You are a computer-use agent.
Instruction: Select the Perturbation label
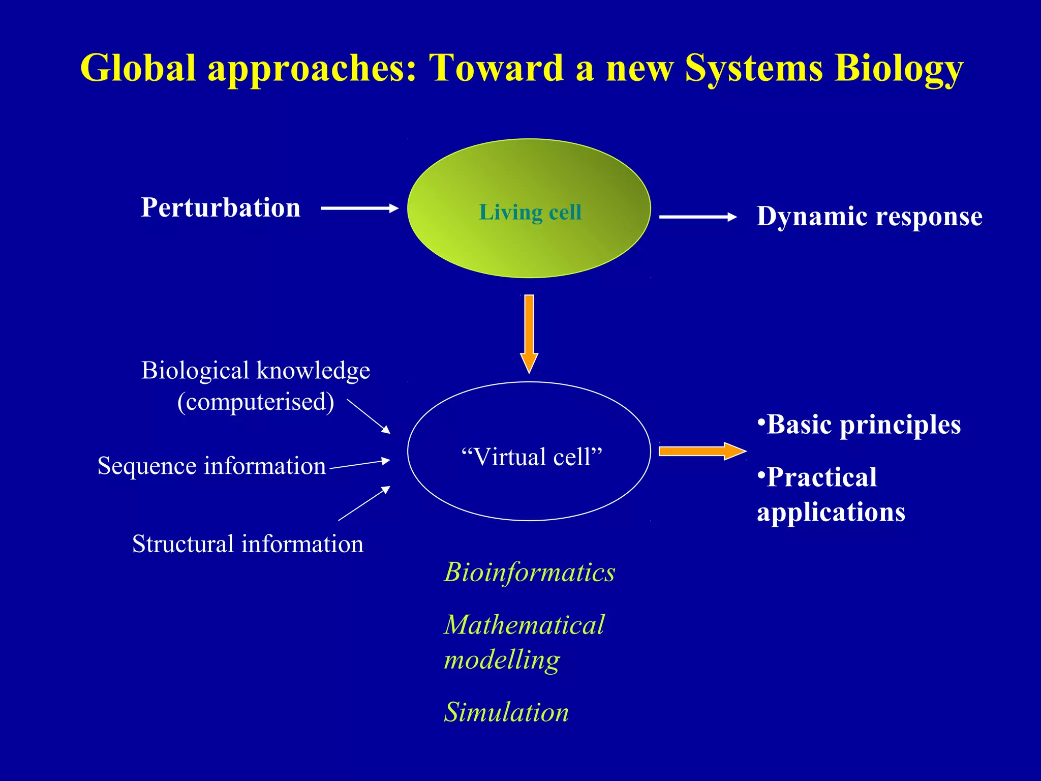tap(221, 207)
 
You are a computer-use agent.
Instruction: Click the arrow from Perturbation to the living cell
tap(359, 208)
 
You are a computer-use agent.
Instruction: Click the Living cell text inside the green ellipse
tap(530, 212)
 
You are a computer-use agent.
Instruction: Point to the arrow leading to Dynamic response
tap(697, 217)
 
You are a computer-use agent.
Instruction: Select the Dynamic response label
tap(869, 217)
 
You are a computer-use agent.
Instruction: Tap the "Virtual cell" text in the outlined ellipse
tap(531, 457)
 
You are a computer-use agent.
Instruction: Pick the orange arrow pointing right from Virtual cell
tap(701, 451)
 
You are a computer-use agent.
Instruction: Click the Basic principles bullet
tap(859, 425)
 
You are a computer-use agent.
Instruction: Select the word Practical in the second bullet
tap(821, 477)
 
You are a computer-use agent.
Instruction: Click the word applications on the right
tap(831, 512)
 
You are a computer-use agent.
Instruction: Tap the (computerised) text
tap(256, 402)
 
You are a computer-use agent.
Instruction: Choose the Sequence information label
tap(211, 466)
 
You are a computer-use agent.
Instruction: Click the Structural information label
tap(248, 544)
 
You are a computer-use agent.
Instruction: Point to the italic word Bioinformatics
tap(530, 572)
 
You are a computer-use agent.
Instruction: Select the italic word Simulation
tap(506, 712)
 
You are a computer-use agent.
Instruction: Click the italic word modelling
tap(502, 660)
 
